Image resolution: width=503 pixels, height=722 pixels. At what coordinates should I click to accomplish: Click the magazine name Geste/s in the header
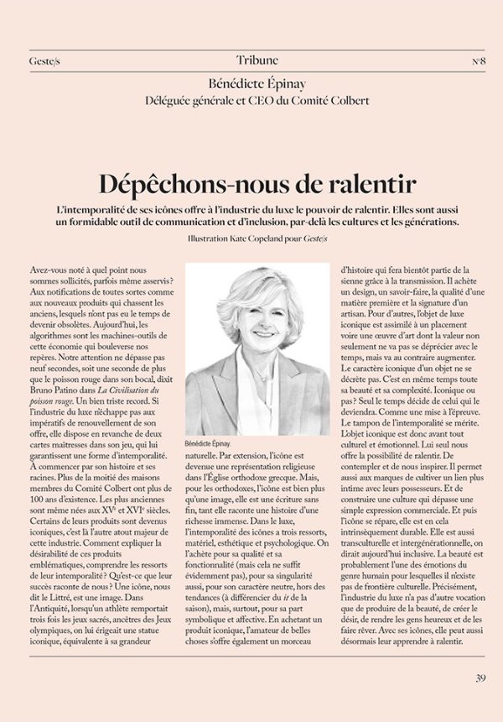(x=44, y=61)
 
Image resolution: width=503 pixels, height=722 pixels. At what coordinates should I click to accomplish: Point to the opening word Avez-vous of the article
(x=49, y=268)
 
